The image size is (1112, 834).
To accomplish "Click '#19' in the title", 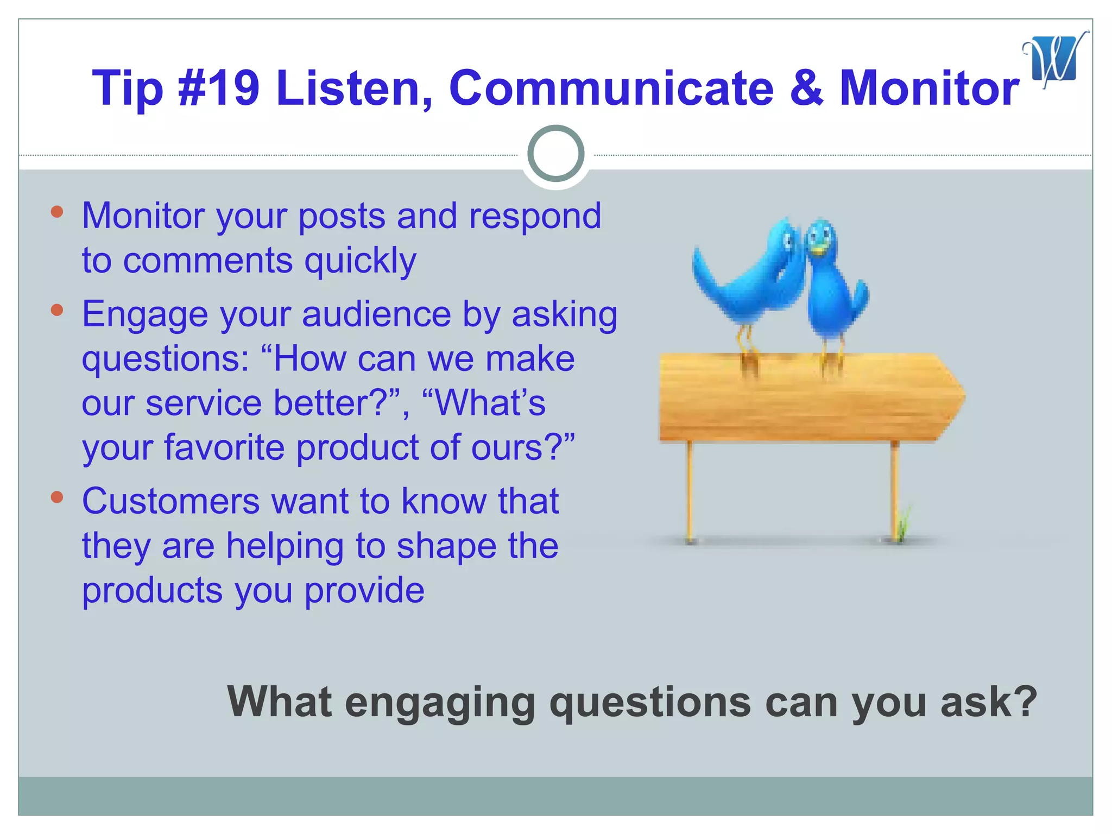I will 219,88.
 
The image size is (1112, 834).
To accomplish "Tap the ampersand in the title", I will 806,88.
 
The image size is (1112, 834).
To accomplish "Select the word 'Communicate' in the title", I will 611,88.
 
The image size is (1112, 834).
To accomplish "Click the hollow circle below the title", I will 555,154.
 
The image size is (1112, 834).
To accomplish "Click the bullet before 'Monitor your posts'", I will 57,212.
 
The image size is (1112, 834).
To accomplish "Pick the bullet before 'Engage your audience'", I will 57,310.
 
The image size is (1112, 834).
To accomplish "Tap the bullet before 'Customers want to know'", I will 57,497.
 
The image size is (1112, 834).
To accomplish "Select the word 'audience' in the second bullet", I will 376,314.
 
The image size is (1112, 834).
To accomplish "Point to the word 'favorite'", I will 224,448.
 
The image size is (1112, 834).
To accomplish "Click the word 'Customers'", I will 170,501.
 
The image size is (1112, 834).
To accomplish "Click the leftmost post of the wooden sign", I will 690,489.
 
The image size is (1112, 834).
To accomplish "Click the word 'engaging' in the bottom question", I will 440,704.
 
